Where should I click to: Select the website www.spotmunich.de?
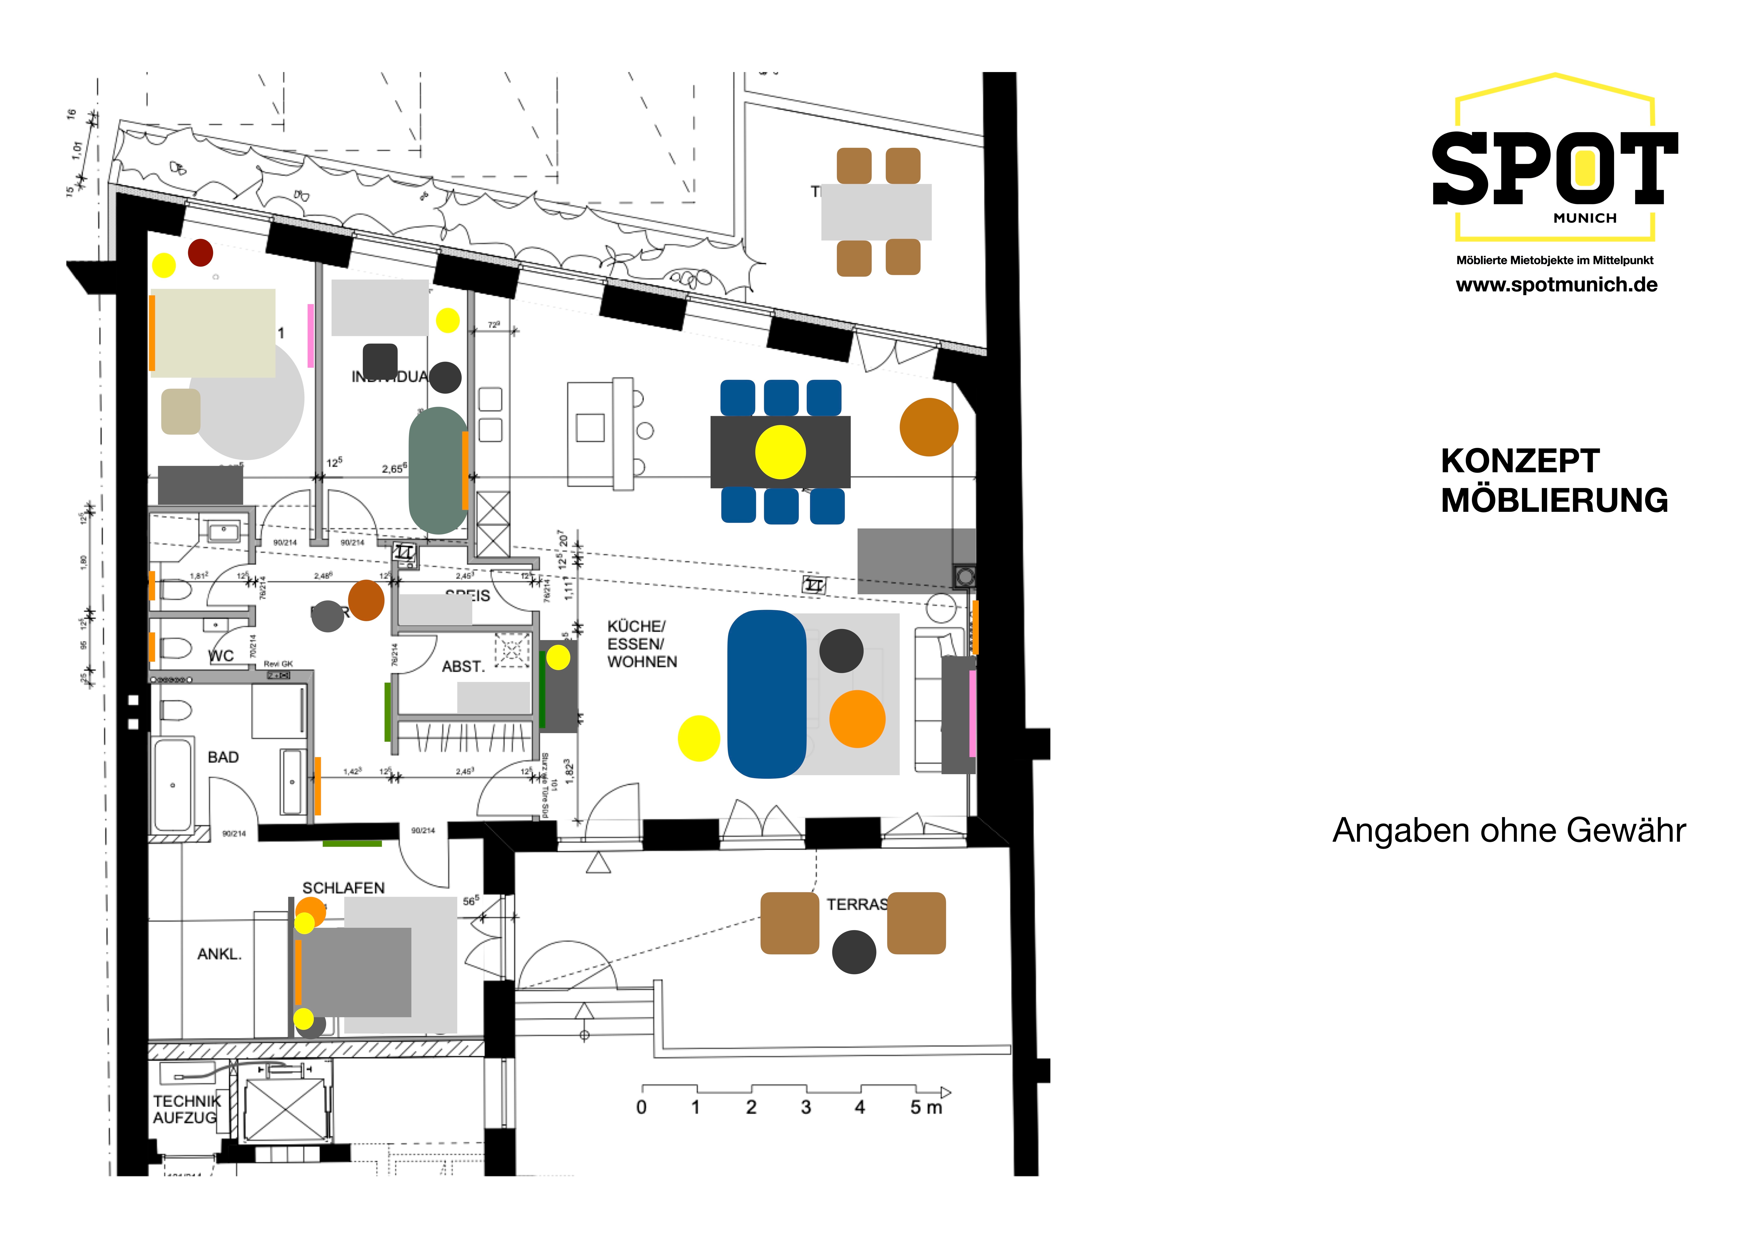(x=1556, y=285)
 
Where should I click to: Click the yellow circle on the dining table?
(x=780, y=452)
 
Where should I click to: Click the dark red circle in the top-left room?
(x=201, y=252)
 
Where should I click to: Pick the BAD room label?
(x=223, y=757)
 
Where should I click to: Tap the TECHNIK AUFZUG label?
(x=186, y=1109)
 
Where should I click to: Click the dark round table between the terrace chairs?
(x=854, y=952)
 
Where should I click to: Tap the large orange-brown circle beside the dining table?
(x=929, y=427)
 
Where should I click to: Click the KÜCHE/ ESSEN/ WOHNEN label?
(x=642, y=644)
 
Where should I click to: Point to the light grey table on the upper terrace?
(x=876, y=212)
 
